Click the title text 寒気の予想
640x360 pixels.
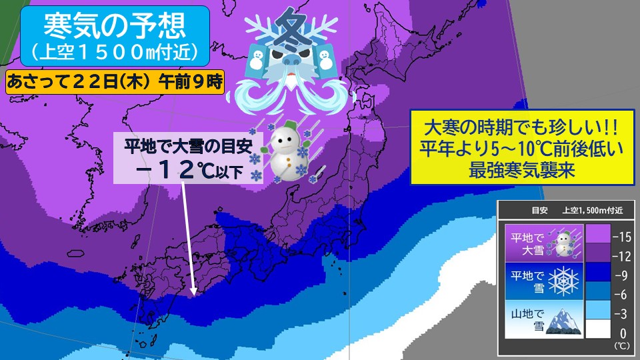(109, 25)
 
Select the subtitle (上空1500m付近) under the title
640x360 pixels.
(109, 50)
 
